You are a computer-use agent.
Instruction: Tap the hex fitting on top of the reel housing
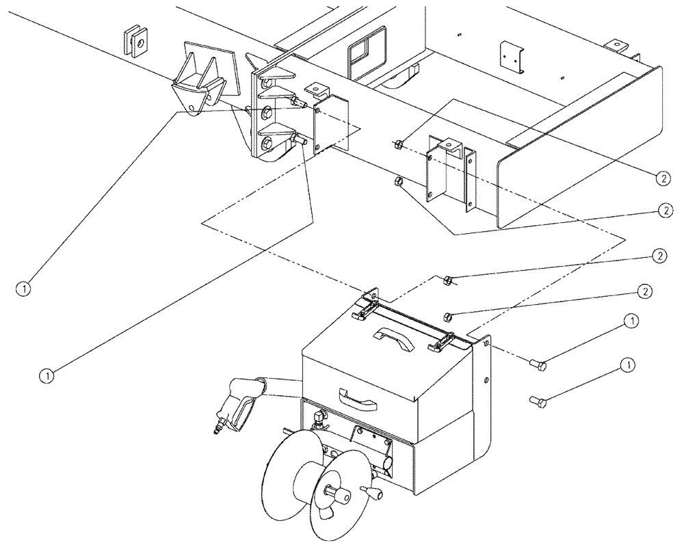319,418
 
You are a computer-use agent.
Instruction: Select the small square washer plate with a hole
137,42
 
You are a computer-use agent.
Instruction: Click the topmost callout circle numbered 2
662,177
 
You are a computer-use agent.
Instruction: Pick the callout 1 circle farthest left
25,289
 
